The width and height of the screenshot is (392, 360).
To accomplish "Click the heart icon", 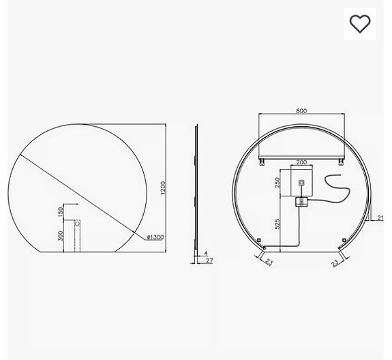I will click(x=359, y=24).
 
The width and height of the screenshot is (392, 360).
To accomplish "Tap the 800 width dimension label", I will click(x=302, y=110).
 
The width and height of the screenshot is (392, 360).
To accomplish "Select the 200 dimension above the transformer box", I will click(x=301, y=163).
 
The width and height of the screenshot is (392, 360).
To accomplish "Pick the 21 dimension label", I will click(x=380, y=217).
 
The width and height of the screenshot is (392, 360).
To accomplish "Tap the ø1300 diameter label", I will click(x=154, y=237).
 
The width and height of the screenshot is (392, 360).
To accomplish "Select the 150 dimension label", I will click(x=61, y=212).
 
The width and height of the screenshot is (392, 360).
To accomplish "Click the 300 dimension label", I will click(x=61, y=236).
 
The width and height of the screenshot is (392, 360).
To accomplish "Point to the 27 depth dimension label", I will click(x=211, y=260).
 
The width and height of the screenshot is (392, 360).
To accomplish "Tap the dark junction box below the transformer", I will click(x=301, y=202).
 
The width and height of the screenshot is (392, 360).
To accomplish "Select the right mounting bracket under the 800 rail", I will click(x=341, y=160).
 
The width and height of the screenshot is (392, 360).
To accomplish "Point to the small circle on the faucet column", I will click(x=77, y=222).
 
